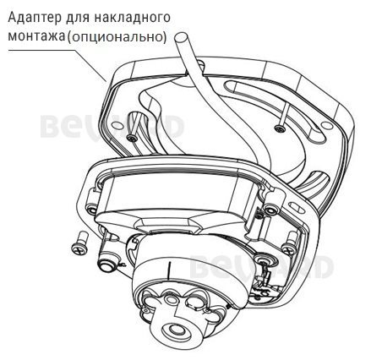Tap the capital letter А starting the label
(9, 18)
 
